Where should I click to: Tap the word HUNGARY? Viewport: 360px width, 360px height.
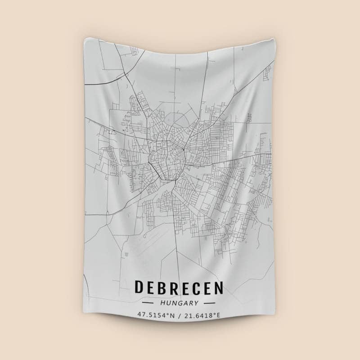coord(179,303)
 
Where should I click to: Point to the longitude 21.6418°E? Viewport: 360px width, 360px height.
coord(202,315)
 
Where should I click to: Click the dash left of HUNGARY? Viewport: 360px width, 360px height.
coord(148,303)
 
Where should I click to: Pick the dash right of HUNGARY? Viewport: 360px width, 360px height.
coord(209,303)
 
